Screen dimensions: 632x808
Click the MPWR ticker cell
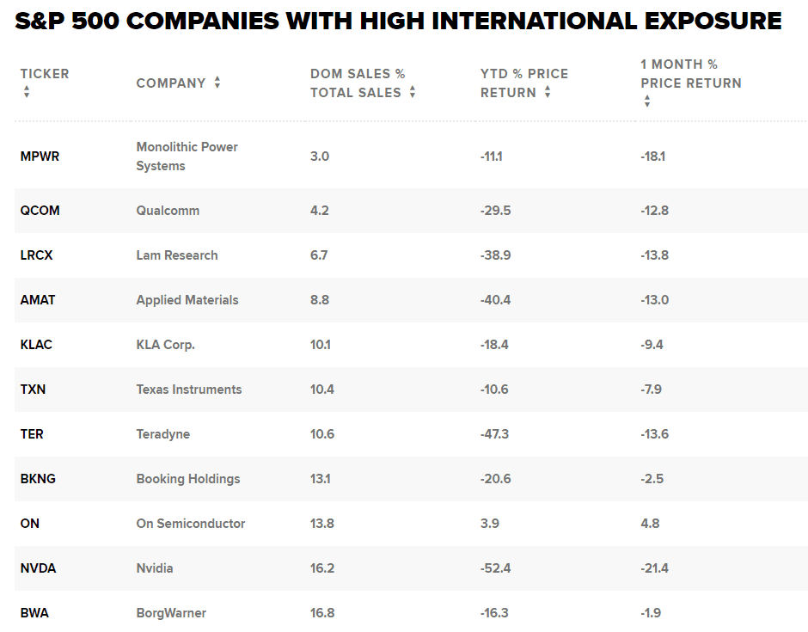pyautogui.click(x=40, y=156)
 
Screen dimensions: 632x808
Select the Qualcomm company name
pyautogui.click(x=167, y=211)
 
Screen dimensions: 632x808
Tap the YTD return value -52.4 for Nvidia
pyautogui.click(x=495, y=568)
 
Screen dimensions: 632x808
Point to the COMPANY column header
pyautogui.click(x=171, y=83)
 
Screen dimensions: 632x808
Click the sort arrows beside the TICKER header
pyautogui.click(x=27, y=91)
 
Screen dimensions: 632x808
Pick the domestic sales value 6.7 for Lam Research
pyautogui.click(x=319, y=255)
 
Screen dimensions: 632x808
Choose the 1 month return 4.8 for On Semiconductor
pyautogui.click(x=650, y=524)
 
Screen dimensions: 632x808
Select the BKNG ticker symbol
pyautogui.click(x=38, y=479)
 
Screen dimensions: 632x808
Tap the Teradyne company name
pyautogui.click(x=163, y=434)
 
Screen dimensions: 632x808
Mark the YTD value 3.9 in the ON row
pyautogui.click(x=490, y=524)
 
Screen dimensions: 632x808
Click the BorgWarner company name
pyautogui.click(x=171, y=613)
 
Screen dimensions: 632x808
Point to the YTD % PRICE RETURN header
pyautogui.click(x=524, y=83)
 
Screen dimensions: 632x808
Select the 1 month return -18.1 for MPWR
pyautogui.click(x=653, y=156)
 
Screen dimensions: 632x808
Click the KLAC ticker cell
pyautogui.click(x=36, y=345)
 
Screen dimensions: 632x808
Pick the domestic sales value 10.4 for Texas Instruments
pyautogui.click(x=322, y=390)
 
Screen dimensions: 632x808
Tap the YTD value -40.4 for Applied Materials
pyautogui.click(x=496, y=300)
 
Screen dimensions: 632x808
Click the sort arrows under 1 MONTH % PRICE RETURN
pyautogui.click(x=646, y=101)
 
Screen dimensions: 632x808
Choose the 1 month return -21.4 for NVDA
pyautogui.click(x=655, y=568)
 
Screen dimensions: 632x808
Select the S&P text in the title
pyautogui.click(x=40, y=21)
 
